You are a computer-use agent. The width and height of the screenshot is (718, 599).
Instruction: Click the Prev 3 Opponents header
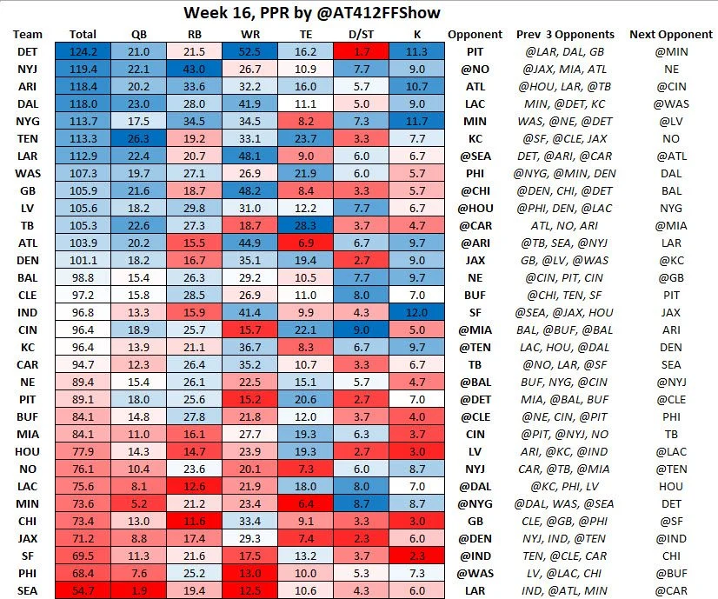point(565,34)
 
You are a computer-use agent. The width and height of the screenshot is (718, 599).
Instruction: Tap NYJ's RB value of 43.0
point(195,69)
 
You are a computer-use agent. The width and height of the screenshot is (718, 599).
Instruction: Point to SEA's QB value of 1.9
point(139,590)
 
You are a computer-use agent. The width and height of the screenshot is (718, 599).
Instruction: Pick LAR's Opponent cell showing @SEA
point(475,156)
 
